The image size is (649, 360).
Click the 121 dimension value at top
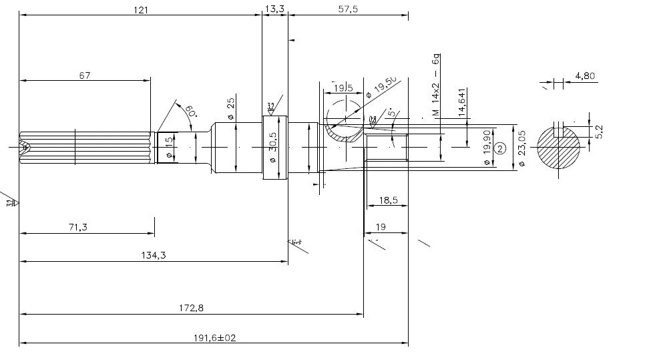[x=140, y=9]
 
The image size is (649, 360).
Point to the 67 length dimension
[x=85, y=75]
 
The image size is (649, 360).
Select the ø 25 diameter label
[x=231, y=108]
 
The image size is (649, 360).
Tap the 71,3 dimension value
[x=77, y=227]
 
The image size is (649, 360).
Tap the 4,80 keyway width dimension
[x=584, y=75]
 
